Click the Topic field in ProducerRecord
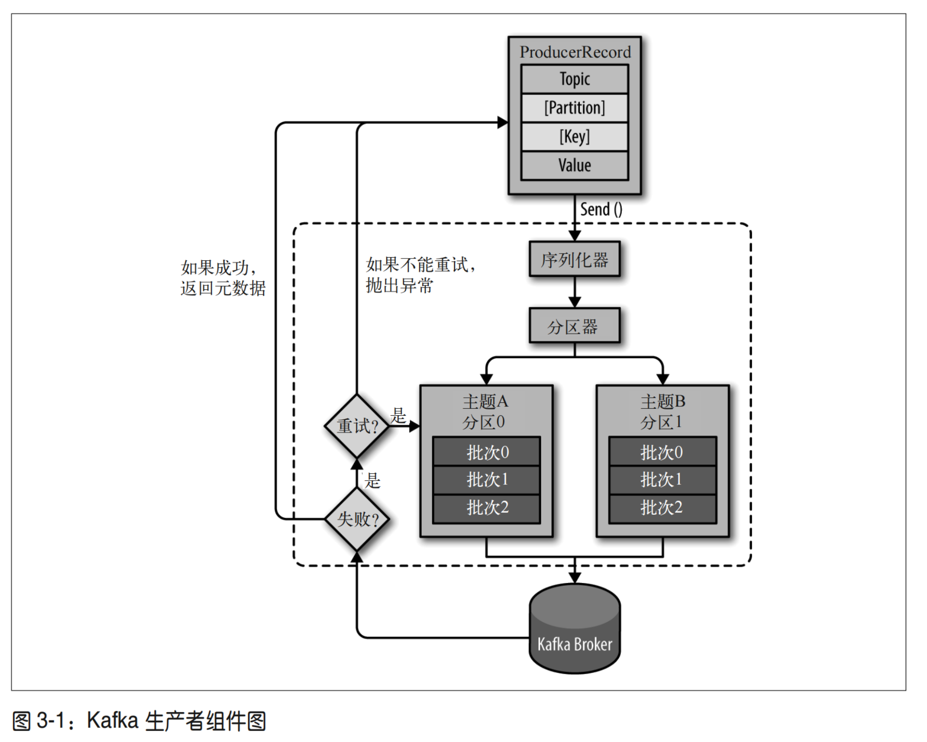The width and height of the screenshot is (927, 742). (x=574, y=79)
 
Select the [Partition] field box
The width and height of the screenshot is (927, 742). (x=574, y=108)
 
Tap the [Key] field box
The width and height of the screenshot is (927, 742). (x=574, y=136)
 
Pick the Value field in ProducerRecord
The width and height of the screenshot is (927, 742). (x=574, y=165)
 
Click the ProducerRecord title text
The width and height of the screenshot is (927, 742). (x=575, y=52)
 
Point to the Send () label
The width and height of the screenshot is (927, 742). (x=601, y=209)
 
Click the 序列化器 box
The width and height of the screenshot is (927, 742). (x=574, y=259)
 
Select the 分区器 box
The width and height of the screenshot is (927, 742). (x=574, y=326)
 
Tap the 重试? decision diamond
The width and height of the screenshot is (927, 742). (x=357, y=426)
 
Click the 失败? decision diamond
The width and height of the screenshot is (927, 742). (x=357, y=519)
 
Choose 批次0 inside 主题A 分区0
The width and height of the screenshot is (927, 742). (x=486, y=452)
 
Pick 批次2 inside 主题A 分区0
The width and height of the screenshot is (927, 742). (x=486, y=508)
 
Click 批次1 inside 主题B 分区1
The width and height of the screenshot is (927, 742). (x=662, y=480)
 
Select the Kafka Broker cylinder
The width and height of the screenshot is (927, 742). (x=574, y=629)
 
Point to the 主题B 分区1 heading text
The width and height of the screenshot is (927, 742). (x=662, y=412)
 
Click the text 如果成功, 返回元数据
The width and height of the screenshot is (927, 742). (x=223, y=278)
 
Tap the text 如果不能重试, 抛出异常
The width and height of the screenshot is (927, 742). (x=419, y=275)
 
